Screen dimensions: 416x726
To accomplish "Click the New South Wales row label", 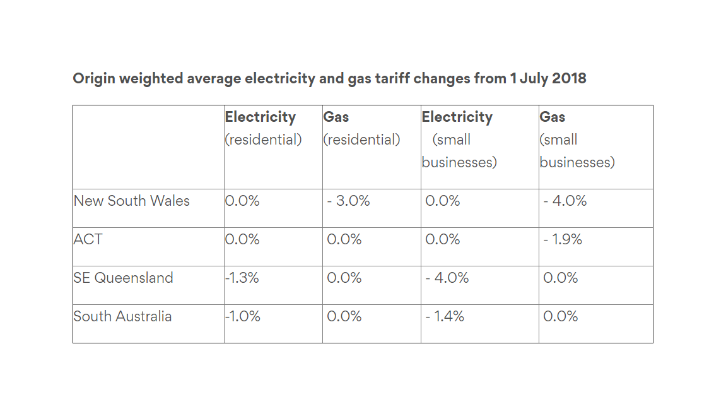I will pos(132,201).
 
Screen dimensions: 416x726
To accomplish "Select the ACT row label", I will pos(88,240).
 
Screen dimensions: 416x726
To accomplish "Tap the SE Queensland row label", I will pos(123,278).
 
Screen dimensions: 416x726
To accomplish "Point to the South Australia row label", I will pos(122,317).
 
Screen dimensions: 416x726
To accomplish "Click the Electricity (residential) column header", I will pos(263,128).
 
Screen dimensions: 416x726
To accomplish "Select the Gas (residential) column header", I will pos(361,128).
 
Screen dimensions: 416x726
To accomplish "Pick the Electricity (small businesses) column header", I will pos(459,140).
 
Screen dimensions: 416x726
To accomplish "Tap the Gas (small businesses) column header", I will pos(577,140).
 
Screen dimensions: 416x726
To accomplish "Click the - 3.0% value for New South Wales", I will pos(349,201).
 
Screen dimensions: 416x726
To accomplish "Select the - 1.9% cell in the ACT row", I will pos(563,240).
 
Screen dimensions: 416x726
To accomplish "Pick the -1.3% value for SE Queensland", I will pos(242,278).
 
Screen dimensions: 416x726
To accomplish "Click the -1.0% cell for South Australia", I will pos(243,317).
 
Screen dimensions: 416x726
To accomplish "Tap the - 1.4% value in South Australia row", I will pos(445,317).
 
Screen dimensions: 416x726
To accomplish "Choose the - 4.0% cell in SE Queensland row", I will pos(447,278).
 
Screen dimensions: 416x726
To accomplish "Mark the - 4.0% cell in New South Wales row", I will pos(565,201).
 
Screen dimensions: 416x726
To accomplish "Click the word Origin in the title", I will pos(94,79).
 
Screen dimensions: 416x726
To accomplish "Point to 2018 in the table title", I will pos(569,79).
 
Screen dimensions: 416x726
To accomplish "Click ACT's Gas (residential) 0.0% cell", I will pos(344,240).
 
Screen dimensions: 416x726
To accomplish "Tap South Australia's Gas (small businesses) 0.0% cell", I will pos(561,317).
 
